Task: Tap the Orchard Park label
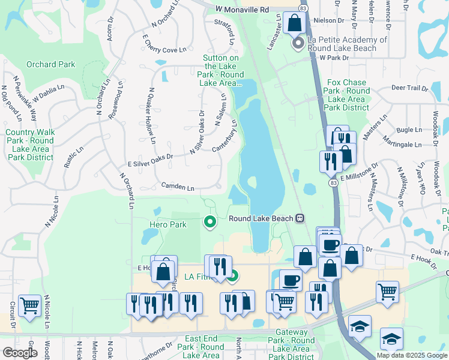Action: [x=50, y=64]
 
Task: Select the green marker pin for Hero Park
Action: [x=209, y=223]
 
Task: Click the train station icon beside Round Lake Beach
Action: [x=301, y=218]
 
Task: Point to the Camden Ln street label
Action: [x=177, y=188]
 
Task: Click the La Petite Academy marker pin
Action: [x=297, y=44]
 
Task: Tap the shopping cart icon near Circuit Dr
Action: [x=29, y=306]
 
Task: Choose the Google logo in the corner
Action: [x=20, y=353]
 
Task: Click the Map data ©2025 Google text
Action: [x=412, y=355]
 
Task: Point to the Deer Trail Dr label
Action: [x=409, y=88]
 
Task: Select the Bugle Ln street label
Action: [x=409, y=130]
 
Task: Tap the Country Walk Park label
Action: [x=30, y=145]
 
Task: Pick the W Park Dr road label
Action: [x=334, y=58]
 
